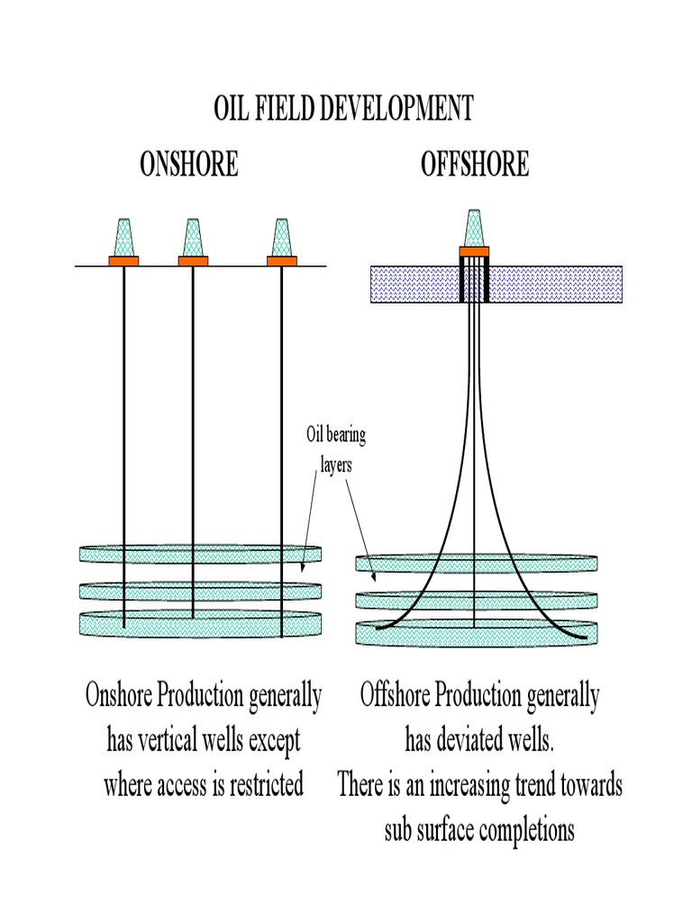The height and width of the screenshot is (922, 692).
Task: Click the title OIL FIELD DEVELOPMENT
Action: pos(343,109)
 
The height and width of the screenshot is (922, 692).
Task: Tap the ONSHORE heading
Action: pos(189,165)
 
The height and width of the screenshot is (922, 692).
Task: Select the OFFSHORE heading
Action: pos(475,165)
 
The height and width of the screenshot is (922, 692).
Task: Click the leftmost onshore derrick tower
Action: pos(124,238)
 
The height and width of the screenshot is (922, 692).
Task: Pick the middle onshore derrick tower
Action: pos(193,238)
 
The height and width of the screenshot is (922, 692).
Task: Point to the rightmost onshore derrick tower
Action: pos(281,238)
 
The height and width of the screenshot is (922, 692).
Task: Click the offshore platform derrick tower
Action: pos(474,229)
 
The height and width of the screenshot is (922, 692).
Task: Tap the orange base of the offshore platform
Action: pos(474,251)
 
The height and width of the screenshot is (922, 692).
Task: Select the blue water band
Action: pos(559,283)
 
